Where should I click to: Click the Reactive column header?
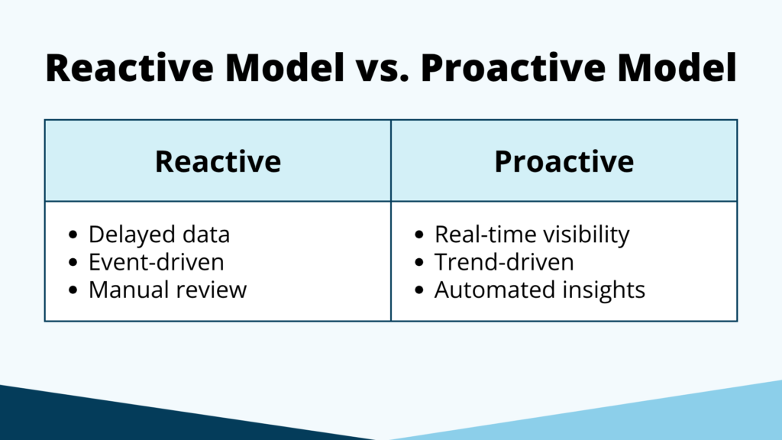coord(218,161)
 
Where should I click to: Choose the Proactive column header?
coord(564,161)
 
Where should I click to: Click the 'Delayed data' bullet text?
coord(159,235)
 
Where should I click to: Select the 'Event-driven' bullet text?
coord(157,262)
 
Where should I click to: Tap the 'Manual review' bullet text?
coord(168,290)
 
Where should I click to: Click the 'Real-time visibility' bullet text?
coord(532,235)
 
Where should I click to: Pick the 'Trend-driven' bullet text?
coord(504,262)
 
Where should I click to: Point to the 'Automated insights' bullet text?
coord(540,290)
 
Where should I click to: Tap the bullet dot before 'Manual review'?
coord(73,290)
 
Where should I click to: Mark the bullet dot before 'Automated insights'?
coord(419,290)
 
